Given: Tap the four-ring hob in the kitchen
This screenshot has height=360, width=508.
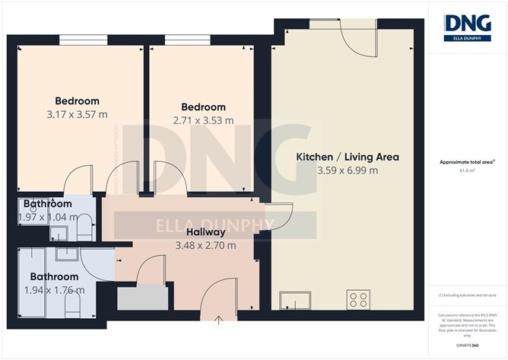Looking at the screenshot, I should [357, 298].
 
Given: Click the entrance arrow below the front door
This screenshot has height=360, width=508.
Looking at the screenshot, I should [220, 320].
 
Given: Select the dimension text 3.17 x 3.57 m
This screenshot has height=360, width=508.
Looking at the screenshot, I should [77, 115].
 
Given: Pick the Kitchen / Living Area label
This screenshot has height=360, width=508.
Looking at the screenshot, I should [347, 157].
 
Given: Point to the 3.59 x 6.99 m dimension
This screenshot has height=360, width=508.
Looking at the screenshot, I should [347, 170].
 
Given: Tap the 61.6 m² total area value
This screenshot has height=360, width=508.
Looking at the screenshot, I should [467, 172].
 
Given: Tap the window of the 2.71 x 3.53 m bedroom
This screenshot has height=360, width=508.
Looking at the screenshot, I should [187, 40].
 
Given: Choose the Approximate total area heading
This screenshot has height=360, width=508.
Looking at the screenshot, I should [467, 161].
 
